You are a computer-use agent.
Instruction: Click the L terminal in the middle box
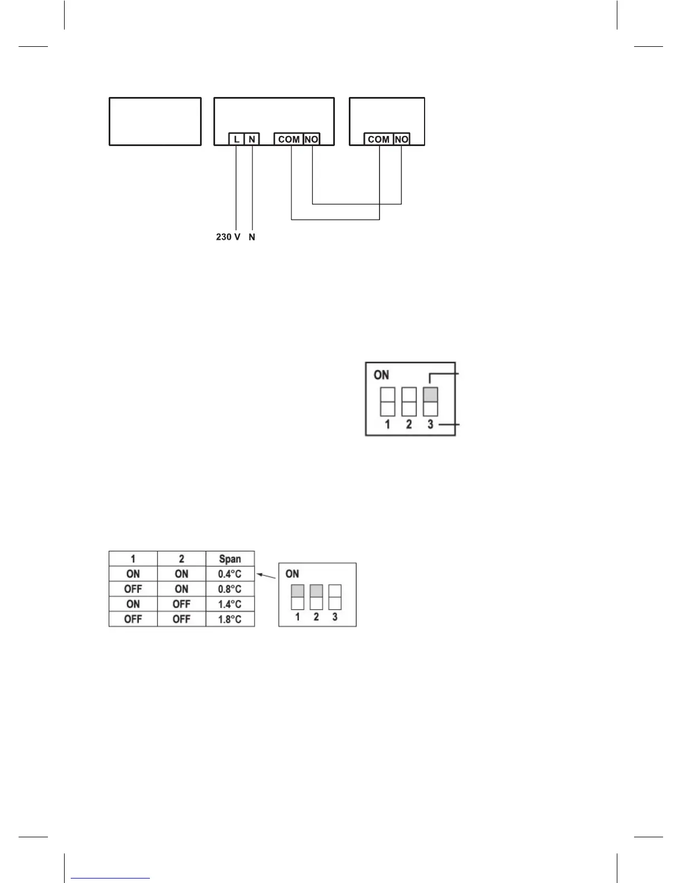point(237,139)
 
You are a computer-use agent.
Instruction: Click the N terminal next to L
point(252,139)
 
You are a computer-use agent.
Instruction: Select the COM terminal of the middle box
point(289,139)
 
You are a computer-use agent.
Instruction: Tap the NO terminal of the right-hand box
point(401,139)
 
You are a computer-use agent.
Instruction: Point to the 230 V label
point(228,237)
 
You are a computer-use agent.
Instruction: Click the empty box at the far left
point(155,122)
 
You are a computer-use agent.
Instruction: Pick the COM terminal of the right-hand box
point(379,139)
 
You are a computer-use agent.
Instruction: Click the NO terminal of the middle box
point(311,139)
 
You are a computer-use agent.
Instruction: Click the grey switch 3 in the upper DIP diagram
point(430,395)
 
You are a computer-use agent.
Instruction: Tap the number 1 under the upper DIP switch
point(387,425)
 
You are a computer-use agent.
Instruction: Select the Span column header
point(230,559)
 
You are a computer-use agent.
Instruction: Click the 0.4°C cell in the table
point(230,574)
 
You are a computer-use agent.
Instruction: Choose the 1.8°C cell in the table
point(230,619)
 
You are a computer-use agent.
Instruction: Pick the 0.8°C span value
point(230,589)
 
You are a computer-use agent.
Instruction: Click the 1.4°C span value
point(230,604)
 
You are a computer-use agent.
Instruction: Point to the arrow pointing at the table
point(266,575)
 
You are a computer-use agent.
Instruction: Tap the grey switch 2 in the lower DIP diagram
point(316,591)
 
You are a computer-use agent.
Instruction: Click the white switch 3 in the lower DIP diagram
point(335,596)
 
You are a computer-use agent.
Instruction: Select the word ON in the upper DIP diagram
point(382,375)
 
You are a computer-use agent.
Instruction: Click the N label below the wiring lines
point(252,237)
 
